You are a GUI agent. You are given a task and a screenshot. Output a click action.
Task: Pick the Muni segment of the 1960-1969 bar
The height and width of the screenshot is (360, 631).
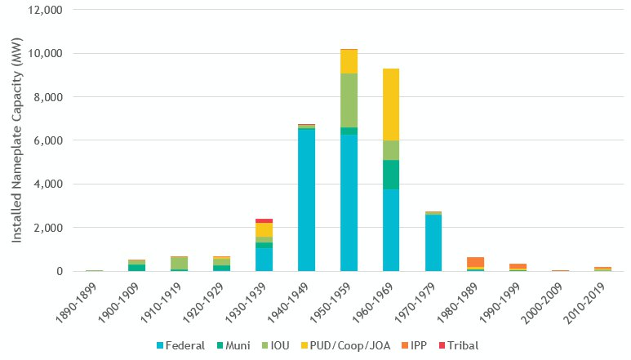click(391, 174)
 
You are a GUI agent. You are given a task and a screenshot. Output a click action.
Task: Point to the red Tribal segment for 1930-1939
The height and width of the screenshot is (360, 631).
click(264, 220)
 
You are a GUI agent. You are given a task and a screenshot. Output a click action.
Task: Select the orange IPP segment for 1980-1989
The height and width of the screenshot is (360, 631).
click(476, 262)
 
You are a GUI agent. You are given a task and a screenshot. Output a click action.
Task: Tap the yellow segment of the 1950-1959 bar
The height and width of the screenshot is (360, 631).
click(349, 61)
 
